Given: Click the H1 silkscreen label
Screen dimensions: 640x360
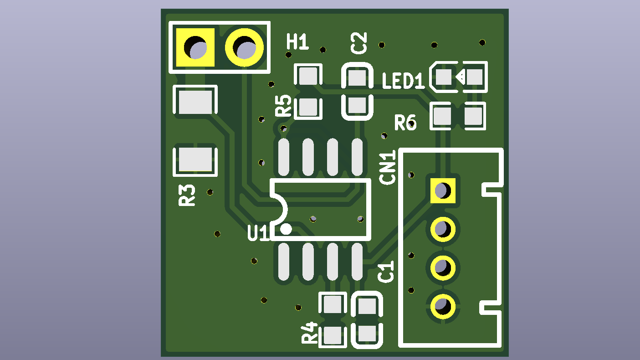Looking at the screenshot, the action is (x=297, y=42).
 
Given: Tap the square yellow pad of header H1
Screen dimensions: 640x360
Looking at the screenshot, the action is (x=195, y=47).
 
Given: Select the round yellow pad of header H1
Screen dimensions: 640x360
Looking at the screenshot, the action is (x=244, y=47).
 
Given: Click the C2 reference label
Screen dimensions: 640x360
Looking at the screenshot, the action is (x=359, y=43).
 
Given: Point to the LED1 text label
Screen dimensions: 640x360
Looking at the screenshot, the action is (x=403, y=81).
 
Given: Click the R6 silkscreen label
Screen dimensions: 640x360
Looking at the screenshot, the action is (x=405, y=123).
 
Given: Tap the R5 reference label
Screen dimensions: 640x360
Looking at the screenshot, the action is (x=283, y=106).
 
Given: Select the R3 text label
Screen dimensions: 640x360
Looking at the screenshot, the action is (x=187, y=195).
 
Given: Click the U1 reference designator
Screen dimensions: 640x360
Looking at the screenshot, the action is (x=258, y=233).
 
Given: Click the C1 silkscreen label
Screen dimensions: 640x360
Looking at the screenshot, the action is (x=386, y=272).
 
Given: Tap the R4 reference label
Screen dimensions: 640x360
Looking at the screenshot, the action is (x=310, y=333).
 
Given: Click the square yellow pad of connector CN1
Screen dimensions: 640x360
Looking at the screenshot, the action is (x=443, y=190).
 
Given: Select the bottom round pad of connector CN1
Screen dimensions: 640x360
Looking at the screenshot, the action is (x=443, y=307).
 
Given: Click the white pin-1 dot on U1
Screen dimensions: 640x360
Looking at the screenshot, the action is (x=286, y=229).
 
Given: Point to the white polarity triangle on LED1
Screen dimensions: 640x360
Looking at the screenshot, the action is (x=460, y=77).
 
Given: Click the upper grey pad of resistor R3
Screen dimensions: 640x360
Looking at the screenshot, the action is (x=195, y=102).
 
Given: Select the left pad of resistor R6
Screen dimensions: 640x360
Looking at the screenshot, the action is (x=442, y=116).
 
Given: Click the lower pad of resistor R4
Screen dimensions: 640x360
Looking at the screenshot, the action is (x=333, y=335).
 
